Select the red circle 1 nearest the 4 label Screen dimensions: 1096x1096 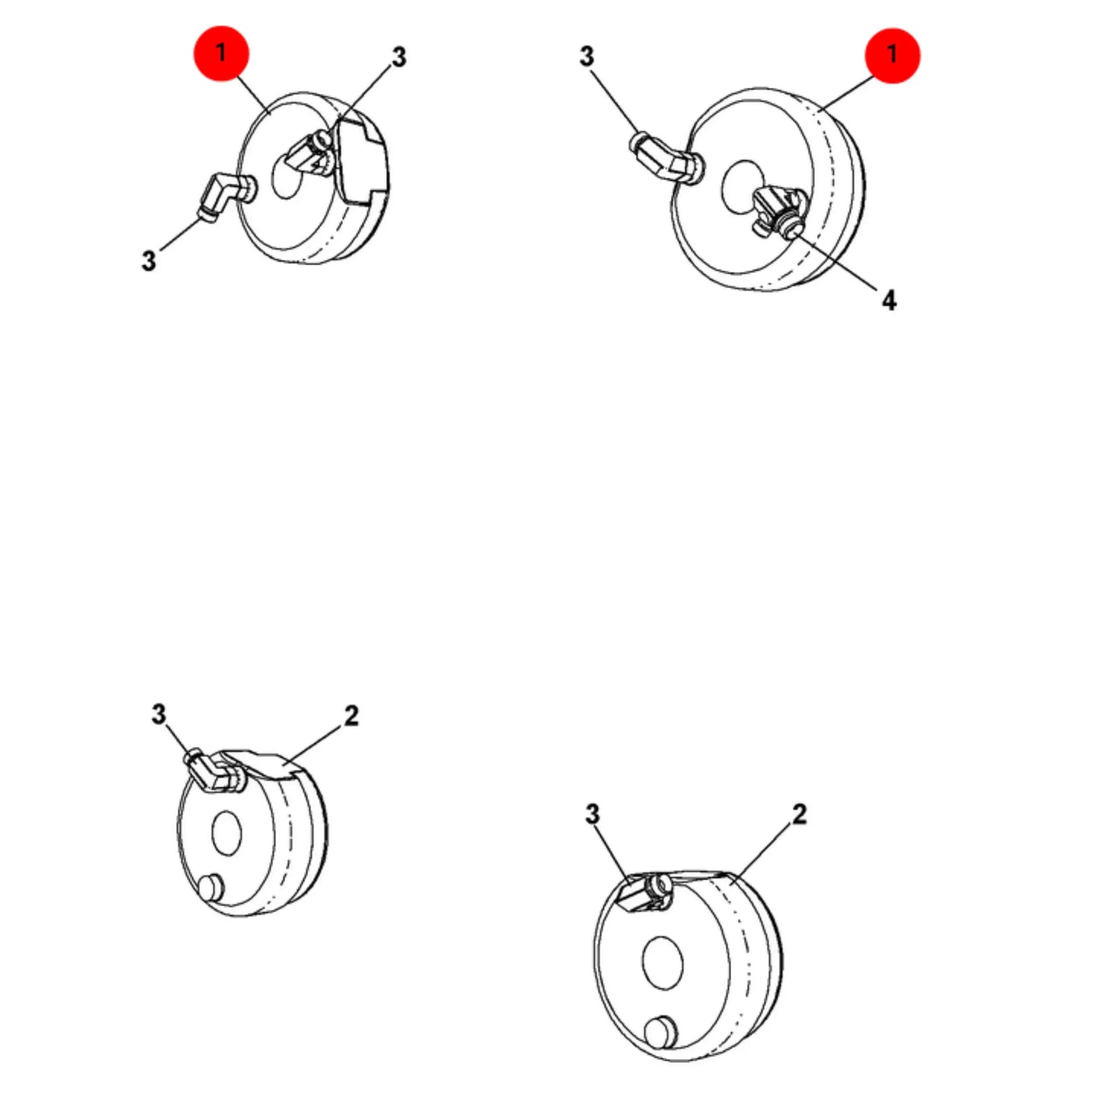pos(892,55)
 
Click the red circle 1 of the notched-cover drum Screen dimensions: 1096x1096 pos(221,53)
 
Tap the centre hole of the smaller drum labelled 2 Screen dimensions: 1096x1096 pos(226,833)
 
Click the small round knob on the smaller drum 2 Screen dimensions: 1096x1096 pos(212,888)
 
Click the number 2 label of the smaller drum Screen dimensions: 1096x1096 pos(351,716)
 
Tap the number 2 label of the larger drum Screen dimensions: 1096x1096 pos(799,815)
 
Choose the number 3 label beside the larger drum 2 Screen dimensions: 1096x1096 pos(592,815)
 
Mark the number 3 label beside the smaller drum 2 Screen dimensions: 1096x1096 pos(159,714)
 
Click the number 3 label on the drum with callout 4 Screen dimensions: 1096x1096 pos(586,56)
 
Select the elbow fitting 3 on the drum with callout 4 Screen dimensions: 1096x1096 pos(667,158)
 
